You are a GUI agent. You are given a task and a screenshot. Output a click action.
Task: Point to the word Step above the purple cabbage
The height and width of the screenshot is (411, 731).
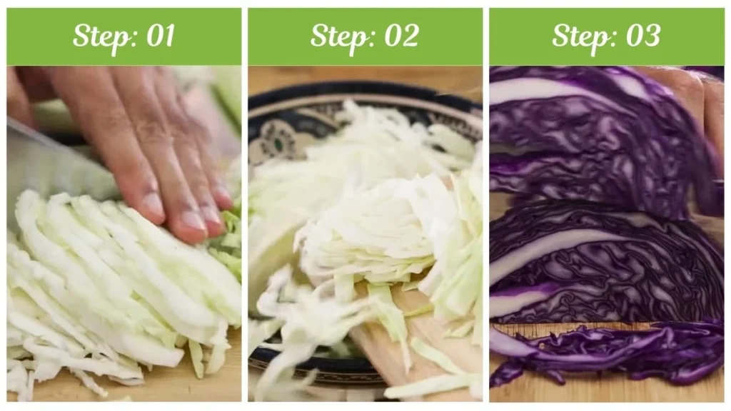coord(578,36)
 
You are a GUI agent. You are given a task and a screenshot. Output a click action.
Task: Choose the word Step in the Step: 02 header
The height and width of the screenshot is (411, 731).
coord(338,36)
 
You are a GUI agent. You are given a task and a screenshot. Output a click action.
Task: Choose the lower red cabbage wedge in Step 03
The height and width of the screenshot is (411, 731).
coord(607,264)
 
